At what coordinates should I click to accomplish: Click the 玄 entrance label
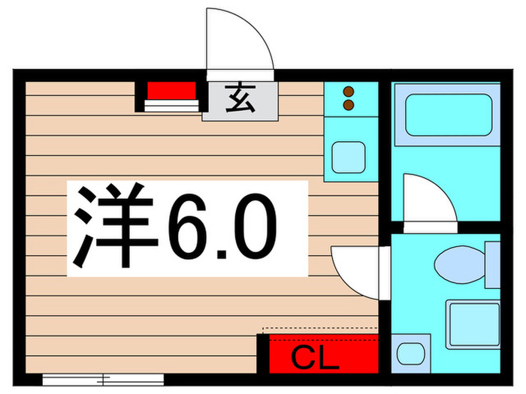[x=240, y=100]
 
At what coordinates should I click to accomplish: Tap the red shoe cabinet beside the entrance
[x=171, y=91]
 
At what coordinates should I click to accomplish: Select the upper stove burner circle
[x=348, y=92]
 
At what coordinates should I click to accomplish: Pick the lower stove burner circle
[x=348, y=106]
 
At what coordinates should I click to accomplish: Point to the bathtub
[x=446, y=114]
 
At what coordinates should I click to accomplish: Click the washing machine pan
[x=473, y=324]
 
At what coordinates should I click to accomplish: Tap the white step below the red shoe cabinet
[x=171, y=106]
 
